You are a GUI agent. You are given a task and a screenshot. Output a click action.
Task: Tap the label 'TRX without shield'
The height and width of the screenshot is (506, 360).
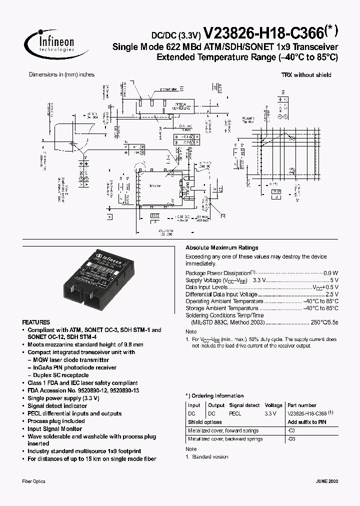(306, 75)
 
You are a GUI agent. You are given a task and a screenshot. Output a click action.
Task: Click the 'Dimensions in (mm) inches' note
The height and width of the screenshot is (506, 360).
(61, 74)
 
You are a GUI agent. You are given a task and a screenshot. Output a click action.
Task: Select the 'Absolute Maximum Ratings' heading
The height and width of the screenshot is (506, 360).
(222, 247)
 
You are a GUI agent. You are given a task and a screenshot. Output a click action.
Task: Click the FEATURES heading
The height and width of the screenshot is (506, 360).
(36, 322)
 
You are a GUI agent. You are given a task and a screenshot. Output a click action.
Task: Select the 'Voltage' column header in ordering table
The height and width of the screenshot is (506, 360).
(273, 405)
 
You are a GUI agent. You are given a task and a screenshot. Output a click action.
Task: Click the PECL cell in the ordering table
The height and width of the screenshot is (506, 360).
(235, 414)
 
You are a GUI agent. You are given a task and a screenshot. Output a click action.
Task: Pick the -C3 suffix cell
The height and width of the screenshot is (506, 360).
(291, 430)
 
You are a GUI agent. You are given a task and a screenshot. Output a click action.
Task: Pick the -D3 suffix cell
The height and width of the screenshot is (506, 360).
(291, 439)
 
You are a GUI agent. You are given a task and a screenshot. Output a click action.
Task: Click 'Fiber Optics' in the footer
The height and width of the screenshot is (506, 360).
(34, 481)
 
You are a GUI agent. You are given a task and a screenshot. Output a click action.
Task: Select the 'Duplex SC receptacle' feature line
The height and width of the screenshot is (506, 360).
(60, 375)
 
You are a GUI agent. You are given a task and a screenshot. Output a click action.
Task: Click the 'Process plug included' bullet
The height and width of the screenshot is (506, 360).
(56, 421)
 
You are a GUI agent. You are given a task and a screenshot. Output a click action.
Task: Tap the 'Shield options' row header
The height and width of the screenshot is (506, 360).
(204, 422)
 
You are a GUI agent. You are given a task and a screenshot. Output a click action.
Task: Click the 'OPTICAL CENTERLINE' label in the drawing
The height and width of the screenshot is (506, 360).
(181, 106)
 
